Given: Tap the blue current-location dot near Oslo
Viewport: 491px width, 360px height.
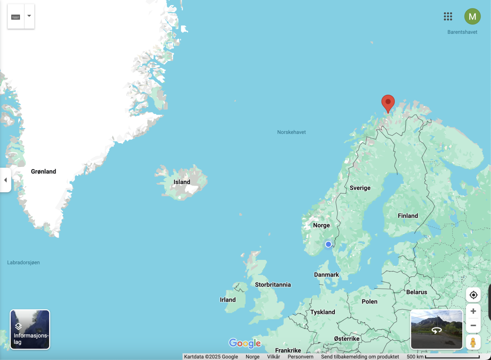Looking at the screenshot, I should [328, 244].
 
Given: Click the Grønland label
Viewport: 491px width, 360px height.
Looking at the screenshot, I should [43, 172].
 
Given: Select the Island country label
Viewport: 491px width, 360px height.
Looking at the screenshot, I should [182, 182].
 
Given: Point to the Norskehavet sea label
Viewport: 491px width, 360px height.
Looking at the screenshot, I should [292, 132].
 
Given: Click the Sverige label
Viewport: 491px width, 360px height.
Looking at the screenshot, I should [360, 188].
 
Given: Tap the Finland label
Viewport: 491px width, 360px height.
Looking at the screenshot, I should [408, 216].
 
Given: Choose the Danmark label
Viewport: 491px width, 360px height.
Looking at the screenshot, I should [326, 274].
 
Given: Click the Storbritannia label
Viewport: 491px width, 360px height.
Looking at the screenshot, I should [273, 285].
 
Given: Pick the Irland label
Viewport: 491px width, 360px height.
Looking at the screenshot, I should [227, 300].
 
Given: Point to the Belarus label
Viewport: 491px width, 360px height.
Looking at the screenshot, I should [417, 292].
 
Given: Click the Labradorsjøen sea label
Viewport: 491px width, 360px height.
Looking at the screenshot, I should [23, 263].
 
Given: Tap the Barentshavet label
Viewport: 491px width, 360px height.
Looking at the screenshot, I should [462, 32].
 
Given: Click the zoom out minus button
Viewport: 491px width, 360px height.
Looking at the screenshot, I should [473, 325].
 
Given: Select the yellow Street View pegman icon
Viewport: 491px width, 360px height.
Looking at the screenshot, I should [473, 342].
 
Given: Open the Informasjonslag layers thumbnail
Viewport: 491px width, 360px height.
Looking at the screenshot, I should [30, 329].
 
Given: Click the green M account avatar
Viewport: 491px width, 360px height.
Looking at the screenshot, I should [472, 17].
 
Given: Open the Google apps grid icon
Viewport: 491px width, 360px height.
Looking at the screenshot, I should [448, 16].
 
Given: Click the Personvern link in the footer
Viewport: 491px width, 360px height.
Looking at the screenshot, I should [300, 357].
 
